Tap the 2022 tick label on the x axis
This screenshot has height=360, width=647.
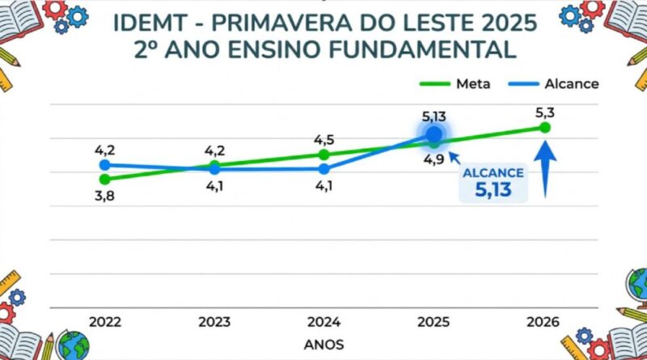coord(105,320)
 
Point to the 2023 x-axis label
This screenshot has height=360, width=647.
coord(214,320)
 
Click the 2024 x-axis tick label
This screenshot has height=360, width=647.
coord(324,320)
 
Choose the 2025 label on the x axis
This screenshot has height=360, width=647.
coord(434,320)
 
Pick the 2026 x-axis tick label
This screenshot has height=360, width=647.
coord(543,320)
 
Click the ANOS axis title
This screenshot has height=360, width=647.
coord(323,344)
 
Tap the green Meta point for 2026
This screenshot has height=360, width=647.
coord(544,128)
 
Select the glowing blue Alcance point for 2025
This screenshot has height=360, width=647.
coord(434,133)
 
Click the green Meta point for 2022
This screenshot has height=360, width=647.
coord(104,179)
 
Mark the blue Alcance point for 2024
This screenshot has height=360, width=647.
coord(324,169)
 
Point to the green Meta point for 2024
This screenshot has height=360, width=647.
coord(324,155)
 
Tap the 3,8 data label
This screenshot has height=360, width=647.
coord(104,197)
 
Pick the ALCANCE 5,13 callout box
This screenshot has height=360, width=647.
coord(493,184)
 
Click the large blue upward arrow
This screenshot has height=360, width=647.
coord(547,170)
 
